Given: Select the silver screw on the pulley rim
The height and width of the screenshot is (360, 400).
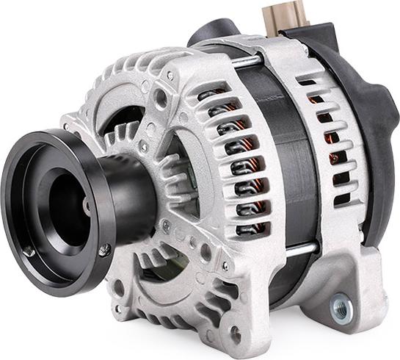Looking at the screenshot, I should (105, 251).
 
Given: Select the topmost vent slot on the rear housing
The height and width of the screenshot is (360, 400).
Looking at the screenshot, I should (308, 82).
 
